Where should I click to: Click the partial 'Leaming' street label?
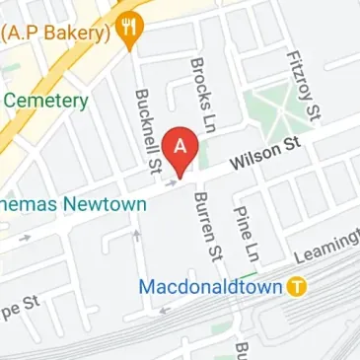pos(330,243)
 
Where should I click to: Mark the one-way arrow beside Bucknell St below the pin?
pos(173,180)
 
